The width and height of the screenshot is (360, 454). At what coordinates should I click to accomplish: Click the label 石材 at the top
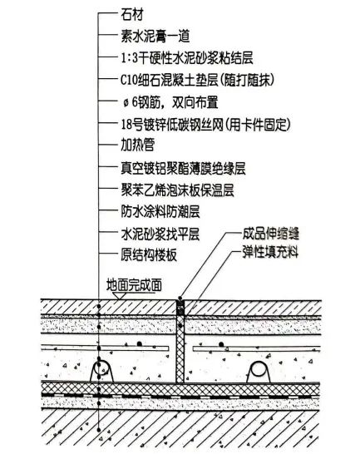pyautogui.click(x=132, y=14)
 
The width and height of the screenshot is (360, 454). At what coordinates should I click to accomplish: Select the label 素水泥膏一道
pyautogui.click(x=155, y=37)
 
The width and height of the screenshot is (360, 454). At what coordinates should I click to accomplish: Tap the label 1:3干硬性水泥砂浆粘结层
pyautogui.click(x=187, y=58)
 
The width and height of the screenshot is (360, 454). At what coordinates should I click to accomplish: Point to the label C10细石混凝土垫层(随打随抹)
pyautogui.click(x=197, y=80)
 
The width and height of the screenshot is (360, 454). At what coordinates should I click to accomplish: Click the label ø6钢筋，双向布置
pyautogui.click(x=170, y=102)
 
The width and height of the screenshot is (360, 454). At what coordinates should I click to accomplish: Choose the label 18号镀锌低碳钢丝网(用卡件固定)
pyautogui.click(x=205, y=125)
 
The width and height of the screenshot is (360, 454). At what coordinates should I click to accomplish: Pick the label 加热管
pyautogui.click(x=137, y=145)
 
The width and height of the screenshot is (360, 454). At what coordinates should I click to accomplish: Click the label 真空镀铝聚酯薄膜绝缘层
pyautogui.click(x=183, y=169)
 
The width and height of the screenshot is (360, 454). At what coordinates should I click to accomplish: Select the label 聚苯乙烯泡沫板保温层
pyautogui.click(x=177, y=190)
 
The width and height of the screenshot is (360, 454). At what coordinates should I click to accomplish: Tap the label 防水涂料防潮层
pyautogui.click(x=160, y=212)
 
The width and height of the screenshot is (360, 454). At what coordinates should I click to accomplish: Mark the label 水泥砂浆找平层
pyautogui.click(x=160, y=234)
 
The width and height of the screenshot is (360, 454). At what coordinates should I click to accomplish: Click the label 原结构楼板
pyautogui.click(x=149, y=255)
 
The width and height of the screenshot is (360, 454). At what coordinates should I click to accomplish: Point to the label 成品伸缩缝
pyautogui.click(x=270, y=234)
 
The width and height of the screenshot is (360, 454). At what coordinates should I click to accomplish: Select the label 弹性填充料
pyautogui.click(x=270, y=252)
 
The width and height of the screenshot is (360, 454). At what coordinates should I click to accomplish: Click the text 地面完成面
pyautogui.click(x=134, y=285)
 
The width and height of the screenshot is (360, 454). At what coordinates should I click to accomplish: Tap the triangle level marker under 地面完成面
pyautogui.click(x=120, y=295)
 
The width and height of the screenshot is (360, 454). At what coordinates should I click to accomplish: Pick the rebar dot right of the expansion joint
pyautogui.click(x=221, y=344)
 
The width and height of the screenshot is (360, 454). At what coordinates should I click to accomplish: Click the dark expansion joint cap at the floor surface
pyautogui.click(x=180, y=308)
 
